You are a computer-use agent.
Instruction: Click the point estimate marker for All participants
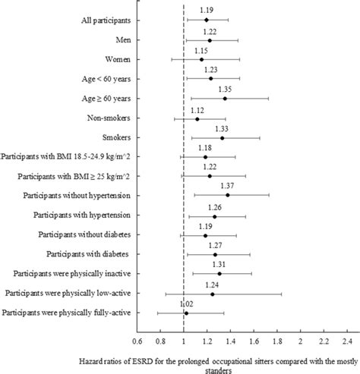point(206,20)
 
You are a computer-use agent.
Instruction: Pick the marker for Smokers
point(222,137)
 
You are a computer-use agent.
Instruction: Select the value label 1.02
point(185,303)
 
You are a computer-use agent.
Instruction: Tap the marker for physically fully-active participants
point(186,313)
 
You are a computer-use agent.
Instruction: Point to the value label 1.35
point(224,89)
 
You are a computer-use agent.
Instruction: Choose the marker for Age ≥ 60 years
point(224,98)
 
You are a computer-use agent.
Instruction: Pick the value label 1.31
point(219,264)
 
